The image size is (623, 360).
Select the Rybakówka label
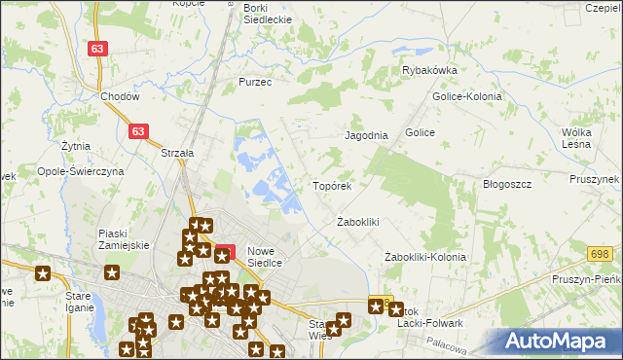(429, 70)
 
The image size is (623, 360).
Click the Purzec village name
(255, 83)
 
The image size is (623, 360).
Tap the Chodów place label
(120, 97)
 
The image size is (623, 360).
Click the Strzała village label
(178, 152)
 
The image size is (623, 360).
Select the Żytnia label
(75, 146)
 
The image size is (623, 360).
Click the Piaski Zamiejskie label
(124, 239)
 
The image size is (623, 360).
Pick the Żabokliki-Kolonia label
(424, 257)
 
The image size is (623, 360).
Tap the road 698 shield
(601, 255)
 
